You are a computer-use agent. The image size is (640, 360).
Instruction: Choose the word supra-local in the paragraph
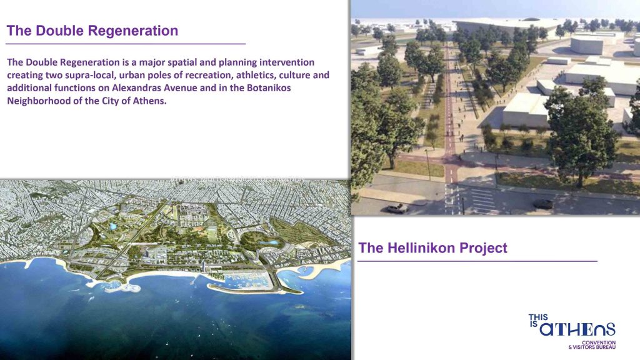tap(89, 76)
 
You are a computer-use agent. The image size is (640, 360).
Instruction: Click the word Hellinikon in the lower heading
tap(421, 247)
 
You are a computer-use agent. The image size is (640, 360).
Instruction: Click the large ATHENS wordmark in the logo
tap(577, 329)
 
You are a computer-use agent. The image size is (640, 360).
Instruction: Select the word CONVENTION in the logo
tap(599, 342)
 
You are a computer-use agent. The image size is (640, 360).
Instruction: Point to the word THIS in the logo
tap(538, 317)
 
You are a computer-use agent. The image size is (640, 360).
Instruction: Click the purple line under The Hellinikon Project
tap(477, 261)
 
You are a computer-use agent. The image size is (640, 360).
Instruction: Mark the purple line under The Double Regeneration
tap(125, 44)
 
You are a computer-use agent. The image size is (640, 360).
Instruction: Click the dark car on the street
tap(543, 204)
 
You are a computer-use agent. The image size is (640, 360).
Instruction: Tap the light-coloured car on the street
tap(397, 209)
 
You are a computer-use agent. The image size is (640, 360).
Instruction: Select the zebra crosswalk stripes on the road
tap(482, 199)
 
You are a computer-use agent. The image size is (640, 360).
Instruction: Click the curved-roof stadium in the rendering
tap(506, 25)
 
